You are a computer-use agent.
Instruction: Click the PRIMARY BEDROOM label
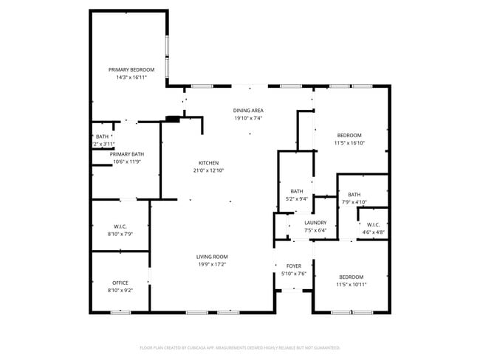131,69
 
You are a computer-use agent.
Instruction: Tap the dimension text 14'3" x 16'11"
131,77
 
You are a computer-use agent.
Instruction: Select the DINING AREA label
249,110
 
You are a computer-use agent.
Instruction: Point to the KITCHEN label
208,163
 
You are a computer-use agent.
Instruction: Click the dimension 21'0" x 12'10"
208,170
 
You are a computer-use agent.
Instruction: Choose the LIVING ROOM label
211,256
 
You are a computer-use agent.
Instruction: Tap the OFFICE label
120,283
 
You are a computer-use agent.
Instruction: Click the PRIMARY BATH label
127,154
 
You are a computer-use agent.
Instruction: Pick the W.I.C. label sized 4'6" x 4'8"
373,225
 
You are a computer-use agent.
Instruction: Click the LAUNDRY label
315,222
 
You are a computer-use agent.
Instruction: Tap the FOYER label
294,266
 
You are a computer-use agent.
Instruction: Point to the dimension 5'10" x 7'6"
294,274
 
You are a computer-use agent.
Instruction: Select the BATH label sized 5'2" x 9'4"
297,191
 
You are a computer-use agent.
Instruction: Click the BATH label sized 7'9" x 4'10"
354,195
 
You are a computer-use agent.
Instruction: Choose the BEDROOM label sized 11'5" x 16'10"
349,135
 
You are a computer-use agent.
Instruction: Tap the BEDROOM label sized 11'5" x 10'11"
351,277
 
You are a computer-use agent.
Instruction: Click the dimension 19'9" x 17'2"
211,264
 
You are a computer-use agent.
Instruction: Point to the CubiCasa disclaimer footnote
240,347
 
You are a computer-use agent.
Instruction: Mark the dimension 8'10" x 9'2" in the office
120,291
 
